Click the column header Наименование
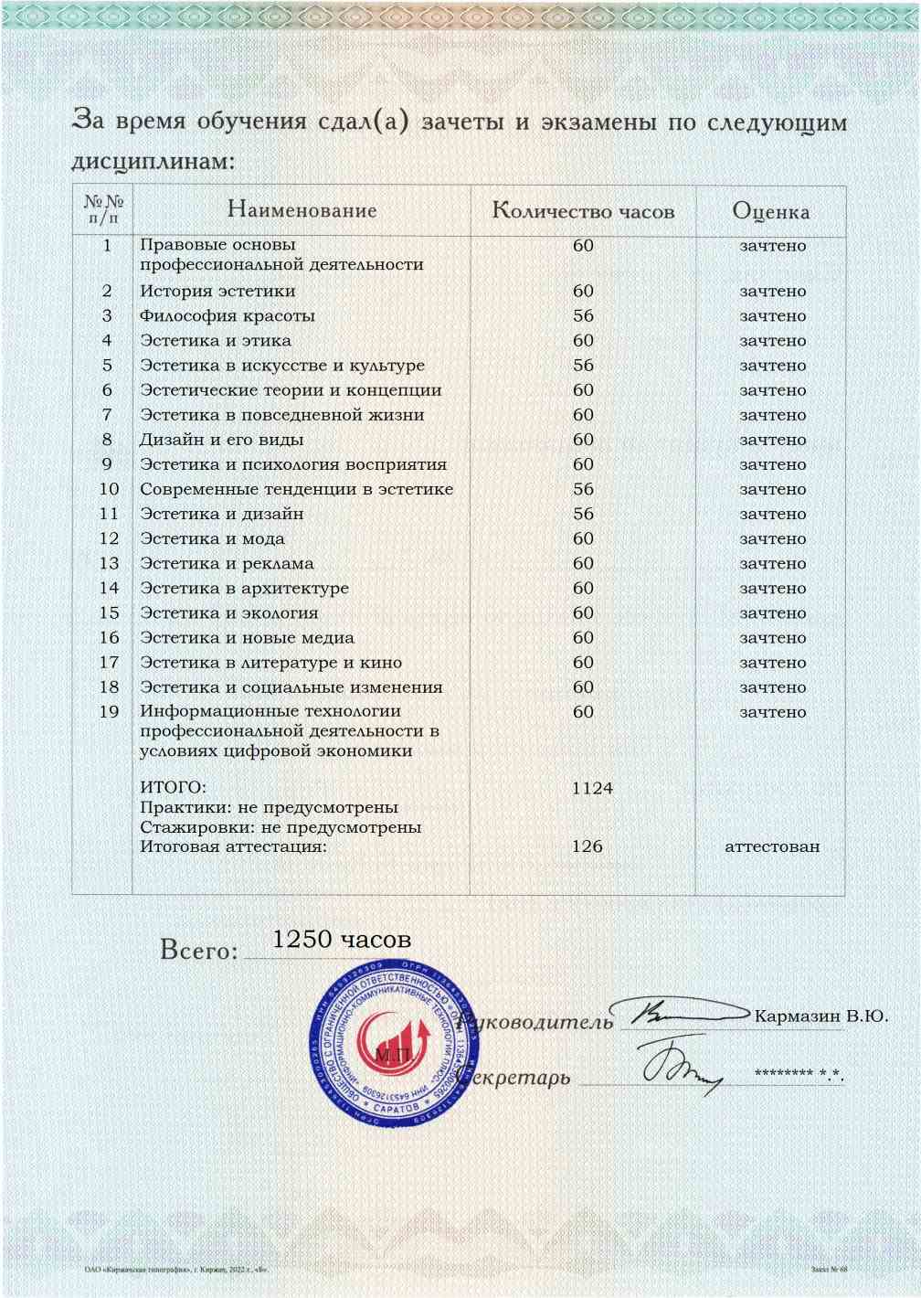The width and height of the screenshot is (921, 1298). pos(302,210)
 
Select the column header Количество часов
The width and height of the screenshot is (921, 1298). pos(583,211)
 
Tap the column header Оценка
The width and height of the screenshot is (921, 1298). pos(770,211)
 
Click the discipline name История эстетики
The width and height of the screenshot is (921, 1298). pos(217,292)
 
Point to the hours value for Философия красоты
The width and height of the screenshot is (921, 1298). pos(583,316)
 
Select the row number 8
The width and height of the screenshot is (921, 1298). pos(107,440)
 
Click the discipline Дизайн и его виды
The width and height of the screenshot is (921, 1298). pos(209,440)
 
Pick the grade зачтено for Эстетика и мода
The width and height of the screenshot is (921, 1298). pos(772,539)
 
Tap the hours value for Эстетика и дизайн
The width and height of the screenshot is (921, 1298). pos(583,515)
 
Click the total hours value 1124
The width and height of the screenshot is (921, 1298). pos(592,788)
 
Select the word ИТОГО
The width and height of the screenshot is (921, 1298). pos(173,788)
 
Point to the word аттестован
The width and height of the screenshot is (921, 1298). pos(772,846)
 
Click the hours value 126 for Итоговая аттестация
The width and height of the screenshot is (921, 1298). pos(587,846)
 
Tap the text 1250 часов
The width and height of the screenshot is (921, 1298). pos(342,940)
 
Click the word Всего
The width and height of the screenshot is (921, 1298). pos(198,951)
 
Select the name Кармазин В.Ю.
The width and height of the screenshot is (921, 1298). pos(820,1016)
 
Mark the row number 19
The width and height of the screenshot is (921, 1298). pos(109,712)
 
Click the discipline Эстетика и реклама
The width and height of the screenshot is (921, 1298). pos(227,564)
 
